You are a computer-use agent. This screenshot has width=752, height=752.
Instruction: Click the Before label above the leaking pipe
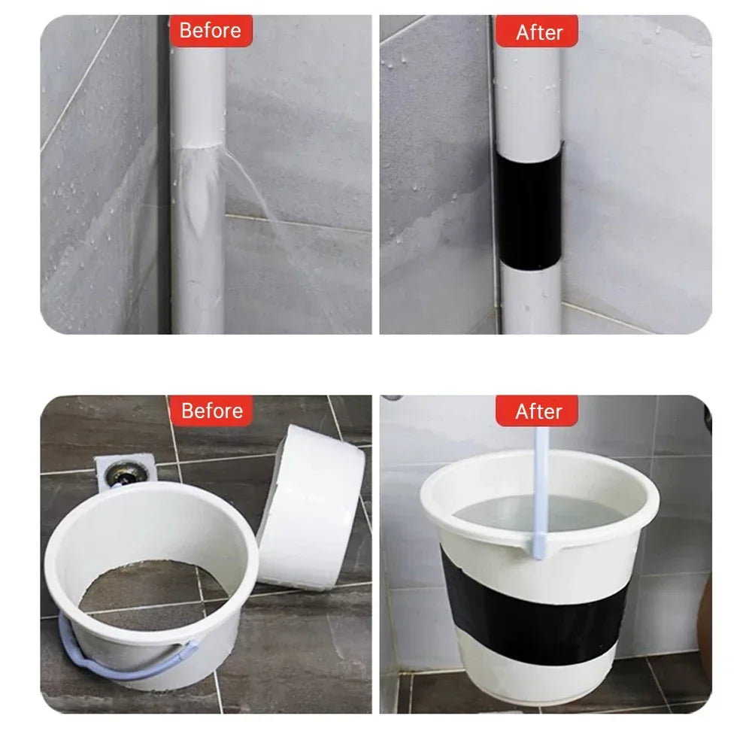(211, 30)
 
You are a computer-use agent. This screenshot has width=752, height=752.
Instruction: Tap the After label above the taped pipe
(537, 32)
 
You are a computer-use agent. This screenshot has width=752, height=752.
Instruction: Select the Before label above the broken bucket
(211, 411)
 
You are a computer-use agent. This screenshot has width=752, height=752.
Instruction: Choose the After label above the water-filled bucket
(537, 411)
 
